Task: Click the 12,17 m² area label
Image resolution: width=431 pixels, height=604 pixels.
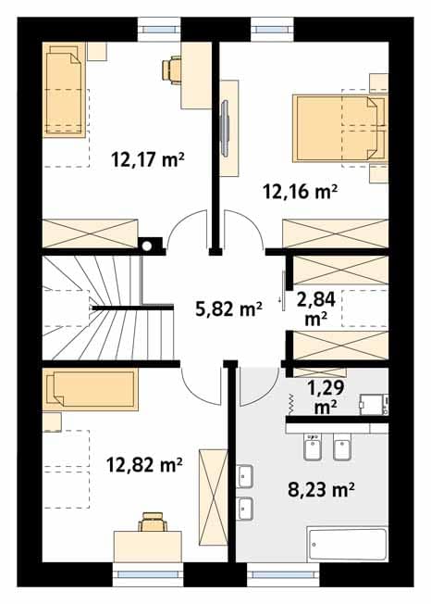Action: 148,159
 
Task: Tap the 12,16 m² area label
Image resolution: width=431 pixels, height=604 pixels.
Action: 301,192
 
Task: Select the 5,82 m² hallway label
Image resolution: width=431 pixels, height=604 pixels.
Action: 228,308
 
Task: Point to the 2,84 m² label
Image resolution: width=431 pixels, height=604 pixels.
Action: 316,308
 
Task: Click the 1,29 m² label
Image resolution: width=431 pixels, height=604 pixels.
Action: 326,397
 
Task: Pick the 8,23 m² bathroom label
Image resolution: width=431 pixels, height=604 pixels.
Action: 321,490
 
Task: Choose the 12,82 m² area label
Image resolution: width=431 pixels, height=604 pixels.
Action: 144,465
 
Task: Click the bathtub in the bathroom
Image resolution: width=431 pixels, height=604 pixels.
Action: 347,545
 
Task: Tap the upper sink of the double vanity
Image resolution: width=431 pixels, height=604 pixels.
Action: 244,476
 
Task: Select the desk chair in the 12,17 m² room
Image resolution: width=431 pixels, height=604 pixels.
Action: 171,70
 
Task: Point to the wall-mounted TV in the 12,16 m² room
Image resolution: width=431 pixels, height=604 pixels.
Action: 225,128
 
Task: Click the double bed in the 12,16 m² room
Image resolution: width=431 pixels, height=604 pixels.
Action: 339,128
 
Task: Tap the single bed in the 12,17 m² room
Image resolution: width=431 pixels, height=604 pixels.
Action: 64,90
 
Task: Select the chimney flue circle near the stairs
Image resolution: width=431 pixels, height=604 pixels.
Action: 147,245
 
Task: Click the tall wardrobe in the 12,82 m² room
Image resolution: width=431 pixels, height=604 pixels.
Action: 213,497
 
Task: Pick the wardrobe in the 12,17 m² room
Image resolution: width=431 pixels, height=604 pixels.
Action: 90,233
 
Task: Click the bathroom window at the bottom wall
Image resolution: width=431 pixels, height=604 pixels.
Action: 283,574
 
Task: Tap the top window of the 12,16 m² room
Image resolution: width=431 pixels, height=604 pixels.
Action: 272,30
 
